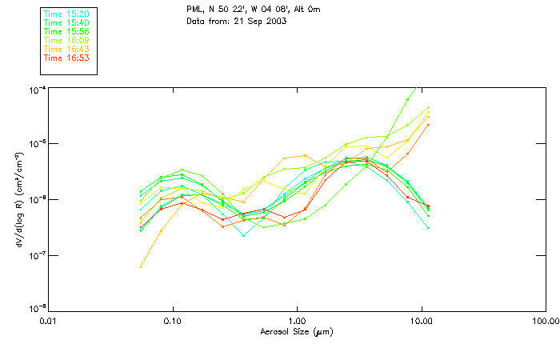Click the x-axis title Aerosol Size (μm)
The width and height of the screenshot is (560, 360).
[296, 331]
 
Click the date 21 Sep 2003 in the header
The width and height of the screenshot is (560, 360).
[258, 21]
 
